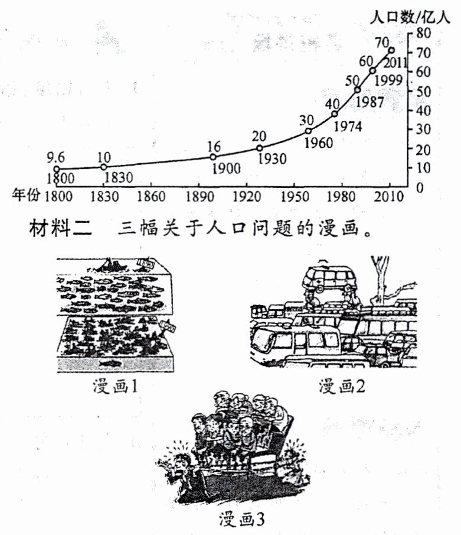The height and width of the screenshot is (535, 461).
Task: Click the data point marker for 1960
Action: click(x=308, y=131)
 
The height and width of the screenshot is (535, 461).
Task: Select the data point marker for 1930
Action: click(x=260, y=148)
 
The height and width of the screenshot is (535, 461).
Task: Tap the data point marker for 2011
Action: click(x=391, y=50)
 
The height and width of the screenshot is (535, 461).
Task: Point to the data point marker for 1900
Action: click(x=213, y=157)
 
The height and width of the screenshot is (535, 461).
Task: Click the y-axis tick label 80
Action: click(x=423, y=33)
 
